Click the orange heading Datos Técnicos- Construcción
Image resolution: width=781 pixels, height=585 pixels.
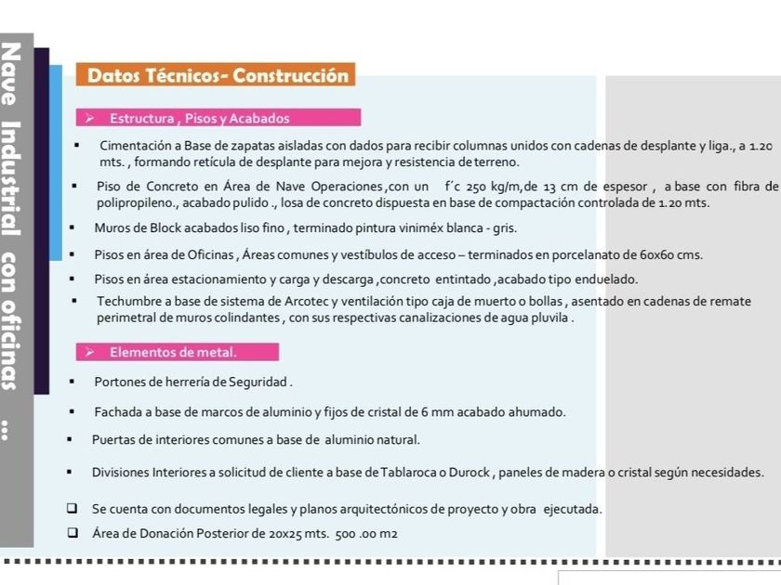[x=218, y=76]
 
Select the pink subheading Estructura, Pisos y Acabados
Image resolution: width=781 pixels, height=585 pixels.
[x=199, y=118]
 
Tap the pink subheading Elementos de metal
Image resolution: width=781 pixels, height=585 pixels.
[x=173, y=352]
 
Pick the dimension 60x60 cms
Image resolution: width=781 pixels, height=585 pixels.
[x=667, y=254]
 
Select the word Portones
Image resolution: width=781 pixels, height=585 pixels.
[x=118, y=381]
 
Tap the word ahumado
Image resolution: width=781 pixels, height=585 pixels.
[x=535, y=410]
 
